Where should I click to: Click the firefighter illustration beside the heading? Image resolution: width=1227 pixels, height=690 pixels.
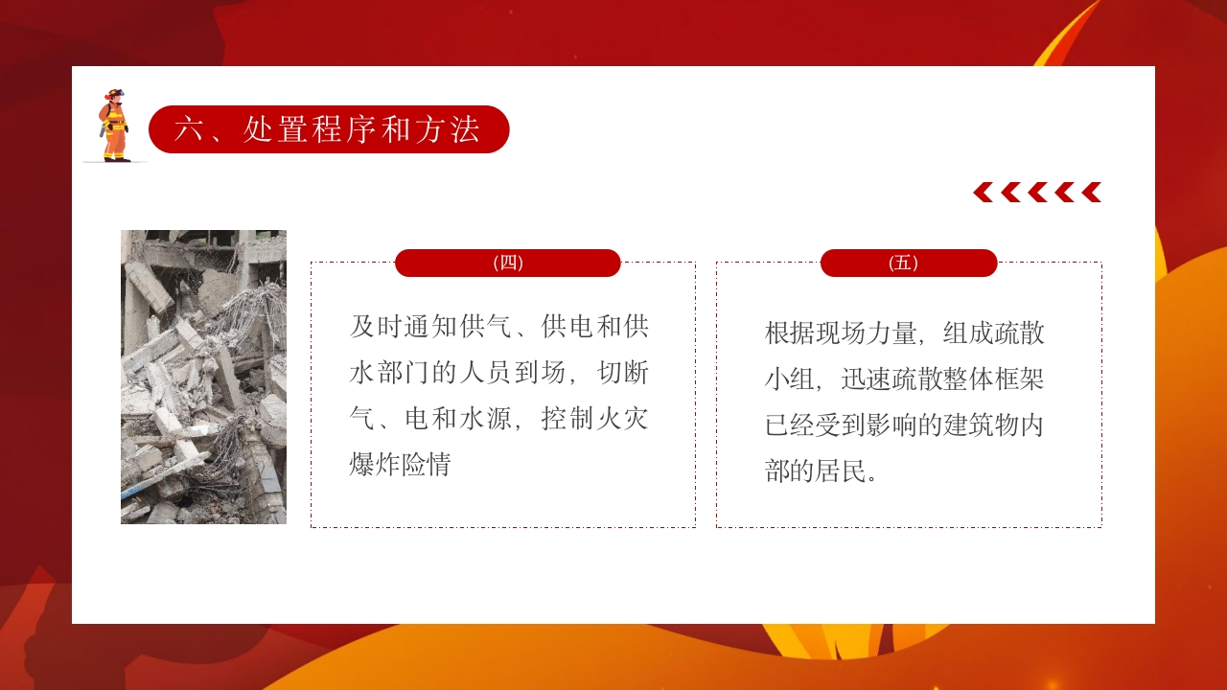(114, 126)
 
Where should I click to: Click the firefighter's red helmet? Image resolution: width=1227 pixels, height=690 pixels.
(115, 95)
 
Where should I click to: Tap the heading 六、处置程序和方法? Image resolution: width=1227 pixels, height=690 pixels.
(328, 129)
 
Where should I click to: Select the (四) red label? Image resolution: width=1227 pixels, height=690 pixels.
(507, 263)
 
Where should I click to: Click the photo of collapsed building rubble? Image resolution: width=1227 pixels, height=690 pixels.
(203, 377)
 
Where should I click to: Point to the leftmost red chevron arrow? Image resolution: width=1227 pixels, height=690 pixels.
(984, 193)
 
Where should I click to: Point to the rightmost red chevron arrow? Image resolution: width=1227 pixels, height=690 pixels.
(1091, 193)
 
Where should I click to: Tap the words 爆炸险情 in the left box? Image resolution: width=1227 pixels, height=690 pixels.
(401, 466)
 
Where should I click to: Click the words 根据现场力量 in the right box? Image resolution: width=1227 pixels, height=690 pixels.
(834, 333)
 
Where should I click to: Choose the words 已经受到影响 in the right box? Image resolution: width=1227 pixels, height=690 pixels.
(834, 425)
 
